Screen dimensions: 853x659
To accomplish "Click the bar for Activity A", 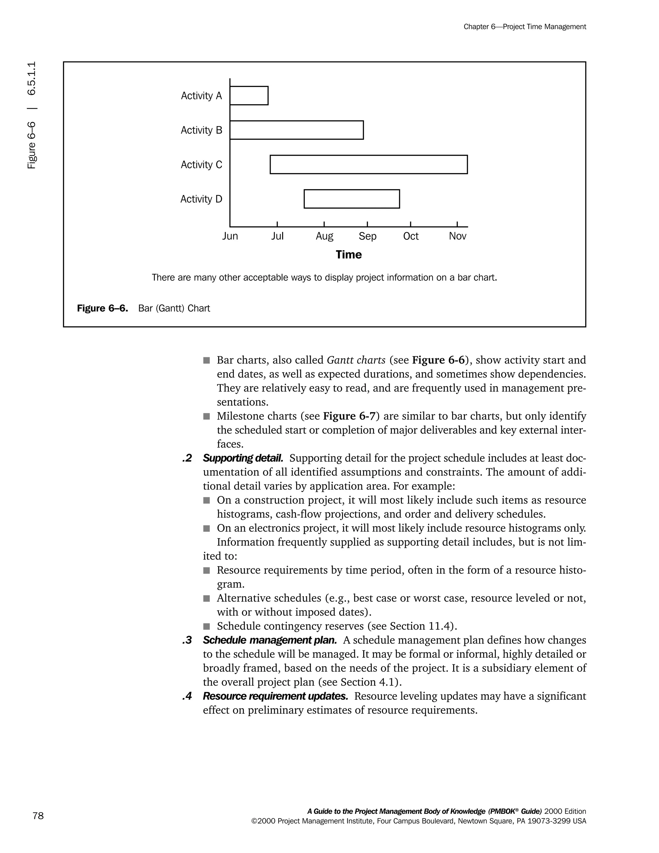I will tap(249, 96).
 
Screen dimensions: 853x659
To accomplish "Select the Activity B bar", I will tap(297, 130).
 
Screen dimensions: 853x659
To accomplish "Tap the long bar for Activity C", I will tap(368, 164).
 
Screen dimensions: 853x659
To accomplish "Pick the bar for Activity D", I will tap(352, 199).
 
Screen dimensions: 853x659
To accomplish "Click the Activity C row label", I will tap(201, 165).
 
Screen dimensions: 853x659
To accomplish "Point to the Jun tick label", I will tap(230, 236).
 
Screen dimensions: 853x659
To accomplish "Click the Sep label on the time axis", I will tap(367, 236).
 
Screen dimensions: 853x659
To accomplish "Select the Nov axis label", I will tap(458, 236).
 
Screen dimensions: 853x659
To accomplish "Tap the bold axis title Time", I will tap(348, 255).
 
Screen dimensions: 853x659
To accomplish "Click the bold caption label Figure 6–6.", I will tap(102, 309).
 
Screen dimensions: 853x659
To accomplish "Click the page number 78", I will tap(38, 816).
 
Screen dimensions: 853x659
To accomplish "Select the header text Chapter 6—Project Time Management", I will tap(525, 27).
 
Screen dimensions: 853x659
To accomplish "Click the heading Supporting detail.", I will tap(243, 458).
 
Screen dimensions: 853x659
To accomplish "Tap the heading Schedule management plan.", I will tap(269, 640).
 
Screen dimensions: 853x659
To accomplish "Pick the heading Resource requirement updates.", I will tap(275, 696).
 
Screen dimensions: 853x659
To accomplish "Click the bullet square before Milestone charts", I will tap(207, 416).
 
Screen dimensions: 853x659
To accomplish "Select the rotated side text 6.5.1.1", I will tap(32, 78).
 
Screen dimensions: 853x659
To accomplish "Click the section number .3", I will tap(187, 640).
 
